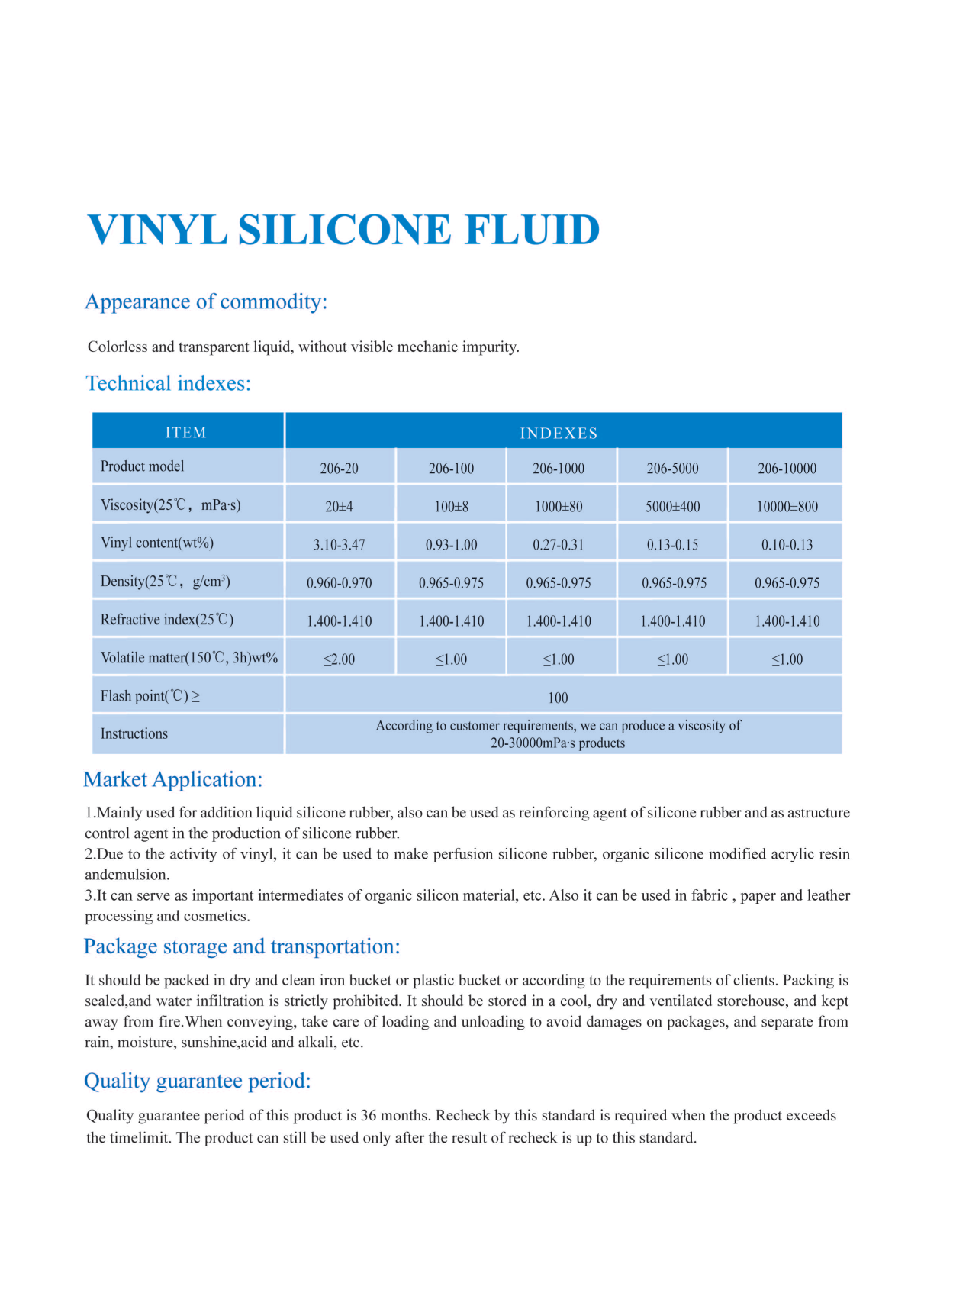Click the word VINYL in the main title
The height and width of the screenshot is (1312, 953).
pos(157,230)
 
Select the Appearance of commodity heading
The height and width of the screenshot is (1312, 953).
pos(206,301)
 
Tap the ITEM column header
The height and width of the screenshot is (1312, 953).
pos(185,433)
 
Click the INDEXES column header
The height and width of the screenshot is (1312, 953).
pos(559,434)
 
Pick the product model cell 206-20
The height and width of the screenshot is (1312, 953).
pos(339,469)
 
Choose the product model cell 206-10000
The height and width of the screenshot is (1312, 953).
pos(787,469)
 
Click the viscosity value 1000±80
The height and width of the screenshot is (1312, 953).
pos(559,507)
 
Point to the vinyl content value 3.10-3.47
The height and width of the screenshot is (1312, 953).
pos(339,545)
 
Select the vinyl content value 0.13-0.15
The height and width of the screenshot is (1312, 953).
pos(672,545)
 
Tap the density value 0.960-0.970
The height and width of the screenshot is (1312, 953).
pos(339,583)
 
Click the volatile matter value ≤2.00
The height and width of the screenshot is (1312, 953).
pos(339,659)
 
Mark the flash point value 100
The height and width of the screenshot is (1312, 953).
pos(558,698)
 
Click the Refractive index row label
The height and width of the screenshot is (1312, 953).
pos(167,620)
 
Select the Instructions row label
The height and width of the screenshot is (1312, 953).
pos(134,733)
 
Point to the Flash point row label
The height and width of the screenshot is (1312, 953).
pos(150,696)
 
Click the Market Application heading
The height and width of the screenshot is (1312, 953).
pos(173,779)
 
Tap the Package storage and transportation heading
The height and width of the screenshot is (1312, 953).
pos(242,946)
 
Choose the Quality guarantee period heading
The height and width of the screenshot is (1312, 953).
pos(198,1081)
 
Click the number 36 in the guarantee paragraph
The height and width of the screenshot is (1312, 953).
pos(369,1115)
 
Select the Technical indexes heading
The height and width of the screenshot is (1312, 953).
pos(169,383)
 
